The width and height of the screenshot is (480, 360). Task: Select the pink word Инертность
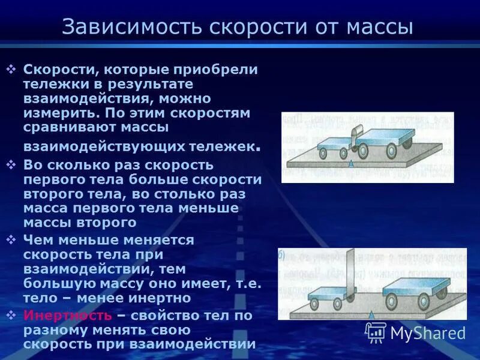67,315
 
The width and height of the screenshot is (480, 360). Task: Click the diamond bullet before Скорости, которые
11,70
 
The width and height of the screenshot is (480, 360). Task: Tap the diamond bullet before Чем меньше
11,240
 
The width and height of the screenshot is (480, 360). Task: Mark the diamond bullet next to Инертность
11,315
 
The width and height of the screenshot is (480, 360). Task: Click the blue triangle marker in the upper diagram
350,162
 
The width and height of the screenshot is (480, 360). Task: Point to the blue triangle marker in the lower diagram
372,314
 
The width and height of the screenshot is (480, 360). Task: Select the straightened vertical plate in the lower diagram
350,273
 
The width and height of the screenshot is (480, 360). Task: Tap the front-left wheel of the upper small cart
323,153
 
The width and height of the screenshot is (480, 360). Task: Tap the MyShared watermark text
428,333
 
